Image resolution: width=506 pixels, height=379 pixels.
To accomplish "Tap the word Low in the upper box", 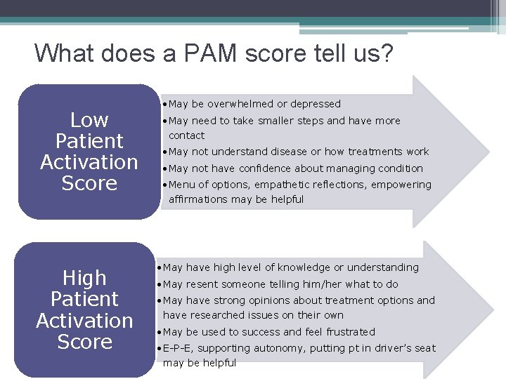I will click(89, 120).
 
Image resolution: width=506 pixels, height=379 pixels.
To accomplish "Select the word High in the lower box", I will click(84, 278).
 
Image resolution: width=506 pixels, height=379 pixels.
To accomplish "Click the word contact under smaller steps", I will click(186, 135).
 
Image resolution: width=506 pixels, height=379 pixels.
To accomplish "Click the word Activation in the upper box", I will click(89, 162).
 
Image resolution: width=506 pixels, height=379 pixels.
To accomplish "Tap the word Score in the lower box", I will click(84, 342).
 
